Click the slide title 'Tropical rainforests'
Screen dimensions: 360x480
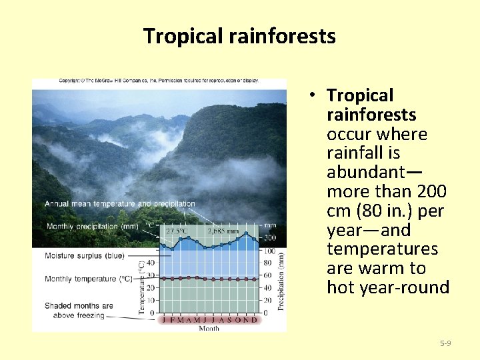239,35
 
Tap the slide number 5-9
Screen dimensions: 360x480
445,343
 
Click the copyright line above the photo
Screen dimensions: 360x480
159,81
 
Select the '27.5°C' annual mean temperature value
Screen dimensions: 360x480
176,231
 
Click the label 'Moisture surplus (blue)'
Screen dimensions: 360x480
85,255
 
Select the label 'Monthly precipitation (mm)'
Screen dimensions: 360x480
92,227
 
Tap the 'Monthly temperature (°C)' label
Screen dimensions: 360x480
89,279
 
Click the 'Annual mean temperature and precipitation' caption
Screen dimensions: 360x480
120,204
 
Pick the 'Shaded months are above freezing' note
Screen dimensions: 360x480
79,310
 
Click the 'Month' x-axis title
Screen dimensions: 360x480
209,328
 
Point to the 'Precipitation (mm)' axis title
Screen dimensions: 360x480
281,280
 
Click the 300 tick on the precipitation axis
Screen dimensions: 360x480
269,238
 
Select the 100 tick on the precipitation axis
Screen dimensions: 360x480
269,251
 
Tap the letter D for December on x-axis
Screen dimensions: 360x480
254,319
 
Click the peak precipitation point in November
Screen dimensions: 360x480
246,233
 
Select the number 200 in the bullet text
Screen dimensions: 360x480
431,191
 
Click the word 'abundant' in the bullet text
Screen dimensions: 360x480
364,172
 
